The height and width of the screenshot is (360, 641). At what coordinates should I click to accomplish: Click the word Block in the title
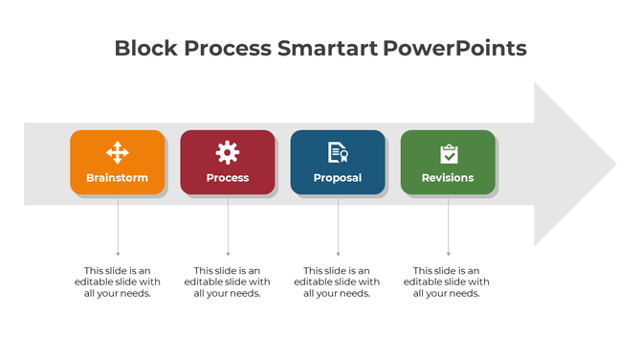pos(143,48)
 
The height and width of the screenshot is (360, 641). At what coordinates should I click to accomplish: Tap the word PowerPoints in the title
pos(454,48)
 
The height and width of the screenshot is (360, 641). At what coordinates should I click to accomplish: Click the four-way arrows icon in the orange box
pos(118,152)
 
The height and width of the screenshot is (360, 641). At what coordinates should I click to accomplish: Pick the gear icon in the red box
pos(228,152)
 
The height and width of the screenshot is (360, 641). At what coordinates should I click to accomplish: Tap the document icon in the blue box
pos(338,152)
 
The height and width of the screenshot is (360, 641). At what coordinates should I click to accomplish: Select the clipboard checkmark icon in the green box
pos(448,153)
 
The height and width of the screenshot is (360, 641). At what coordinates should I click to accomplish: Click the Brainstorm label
pos(118,178)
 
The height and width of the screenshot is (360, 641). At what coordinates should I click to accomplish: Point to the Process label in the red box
pos(228,178)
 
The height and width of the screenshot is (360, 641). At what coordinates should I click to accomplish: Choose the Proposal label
pos(338,178)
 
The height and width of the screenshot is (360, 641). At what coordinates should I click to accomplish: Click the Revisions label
pos(448,178)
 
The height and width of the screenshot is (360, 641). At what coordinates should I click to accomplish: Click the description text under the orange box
pos(118,281)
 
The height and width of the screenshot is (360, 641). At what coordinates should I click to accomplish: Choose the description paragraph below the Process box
pos(228,281)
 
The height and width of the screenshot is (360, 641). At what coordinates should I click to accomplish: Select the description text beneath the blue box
pos(337,281)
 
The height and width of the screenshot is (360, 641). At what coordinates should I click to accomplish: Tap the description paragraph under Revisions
pos(447,281)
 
